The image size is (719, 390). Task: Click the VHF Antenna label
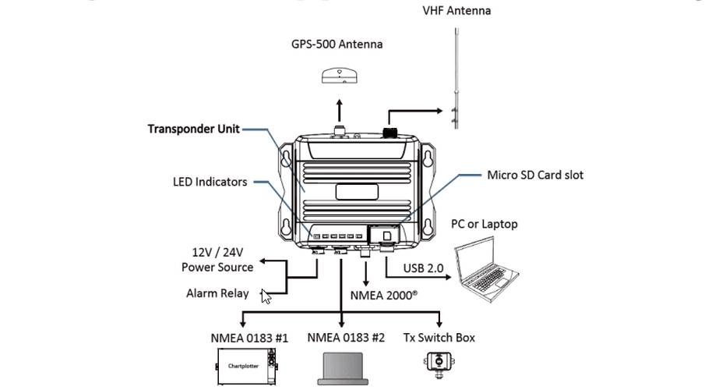coord(456,10)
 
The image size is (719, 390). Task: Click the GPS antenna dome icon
coord(340,76)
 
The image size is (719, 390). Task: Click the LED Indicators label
coord(210,182)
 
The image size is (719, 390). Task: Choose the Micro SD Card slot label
coord(534,175)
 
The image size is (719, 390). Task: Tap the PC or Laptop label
coord(484,224)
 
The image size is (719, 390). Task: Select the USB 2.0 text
coord(423,268)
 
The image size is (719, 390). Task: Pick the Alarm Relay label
coord(217,293)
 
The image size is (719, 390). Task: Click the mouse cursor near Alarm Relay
coord(266,296)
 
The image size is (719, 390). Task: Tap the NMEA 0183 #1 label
coord(248,338)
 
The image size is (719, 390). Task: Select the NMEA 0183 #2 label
coord(346,338)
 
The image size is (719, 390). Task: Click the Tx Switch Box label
coord(439,338)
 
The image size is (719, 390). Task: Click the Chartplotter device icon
coord(246,366)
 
